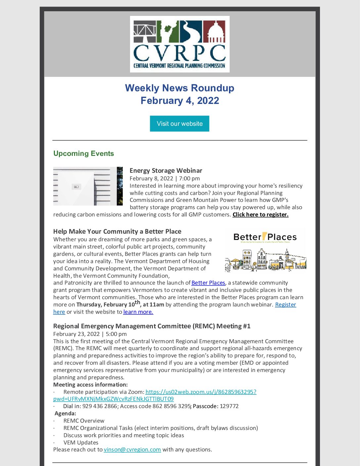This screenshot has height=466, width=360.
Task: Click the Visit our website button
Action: coord(179,123)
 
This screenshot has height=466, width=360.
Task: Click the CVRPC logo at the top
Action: coord(180,44)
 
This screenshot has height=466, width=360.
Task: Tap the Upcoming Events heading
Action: coord(83,154)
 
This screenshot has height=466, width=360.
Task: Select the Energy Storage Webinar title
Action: coord(166,170)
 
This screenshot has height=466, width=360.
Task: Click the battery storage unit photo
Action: coord(88,186)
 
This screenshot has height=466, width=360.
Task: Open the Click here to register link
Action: coord(260,214)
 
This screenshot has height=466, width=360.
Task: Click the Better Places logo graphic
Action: coord(265,250)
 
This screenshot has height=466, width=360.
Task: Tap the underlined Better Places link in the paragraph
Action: coord(208,283)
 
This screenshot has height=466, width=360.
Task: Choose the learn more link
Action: coord(138,312)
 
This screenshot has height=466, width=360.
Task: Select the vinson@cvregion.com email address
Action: coord(132,449)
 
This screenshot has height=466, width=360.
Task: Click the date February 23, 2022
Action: coord(76,334)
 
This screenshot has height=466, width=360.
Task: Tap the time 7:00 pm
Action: coord(189,178)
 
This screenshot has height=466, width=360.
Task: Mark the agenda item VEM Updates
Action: coord(81,443)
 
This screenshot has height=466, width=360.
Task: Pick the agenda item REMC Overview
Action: coord(84,421)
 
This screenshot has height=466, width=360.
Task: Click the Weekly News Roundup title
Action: coord(180,88)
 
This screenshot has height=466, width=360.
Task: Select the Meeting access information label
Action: coord(90,385)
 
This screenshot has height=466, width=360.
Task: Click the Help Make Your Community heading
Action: coord(117,231)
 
